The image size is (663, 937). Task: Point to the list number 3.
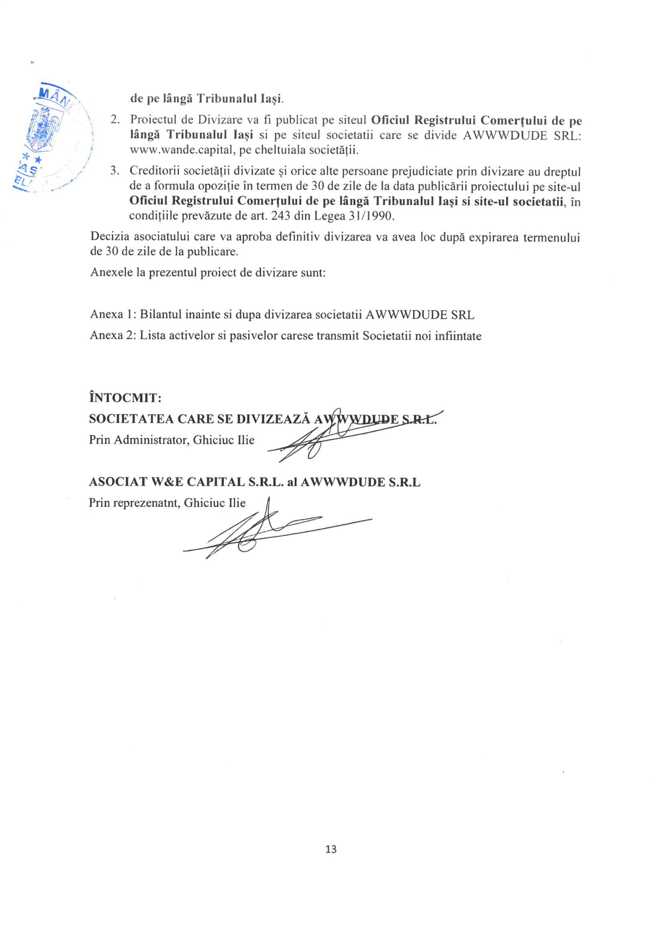[115, 170]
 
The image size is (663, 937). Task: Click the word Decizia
[110, 237]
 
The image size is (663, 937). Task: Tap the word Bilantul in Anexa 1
[161, 314]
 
